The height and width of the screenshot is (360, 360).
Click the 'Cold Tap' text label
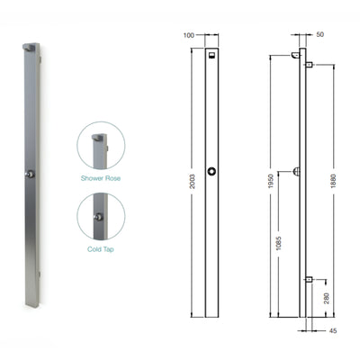(x=99, y=248)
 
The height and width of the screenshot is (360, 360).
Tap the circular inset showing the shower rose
(x=99, y=147)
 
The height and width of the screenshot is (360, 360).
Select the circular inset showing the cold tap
(x=99, y=217)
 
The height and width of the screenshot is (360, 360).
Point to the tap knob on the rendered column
(x=30, y=173)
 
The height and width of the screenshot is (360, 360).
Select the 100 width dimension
(x=188, y=35)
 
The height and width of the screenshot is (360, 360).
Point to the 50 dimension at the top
(x=321, y=35)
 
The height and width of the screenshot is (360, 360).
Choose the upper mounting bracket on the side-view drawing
(x=308, y=65)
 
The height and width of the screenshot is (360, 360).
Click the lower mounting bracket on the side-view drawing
(x=308, y=279)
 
